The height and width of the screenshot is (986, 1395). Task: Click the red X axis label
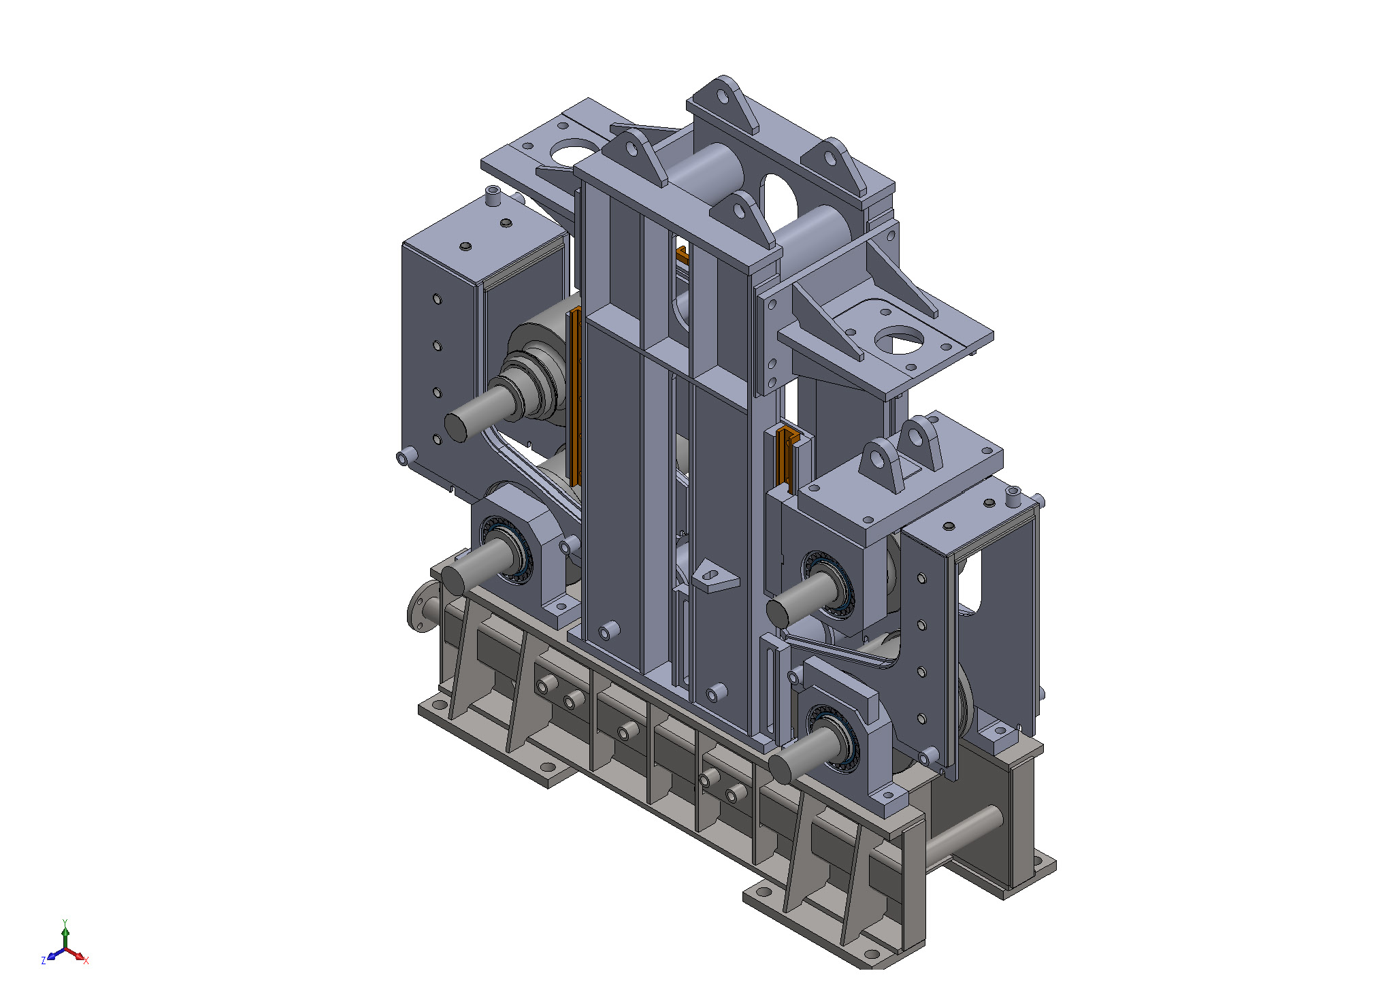[86, 961]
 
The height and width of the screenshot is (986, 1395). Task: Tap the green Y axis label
[65, 923]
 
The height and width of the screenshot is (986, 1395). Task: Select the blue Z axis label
[44, 961]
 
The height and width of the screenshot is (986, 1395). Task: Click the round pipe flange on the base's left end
[423, 606]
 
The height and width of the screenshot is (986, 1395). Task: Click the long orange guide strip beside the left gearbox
[574, 395]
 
